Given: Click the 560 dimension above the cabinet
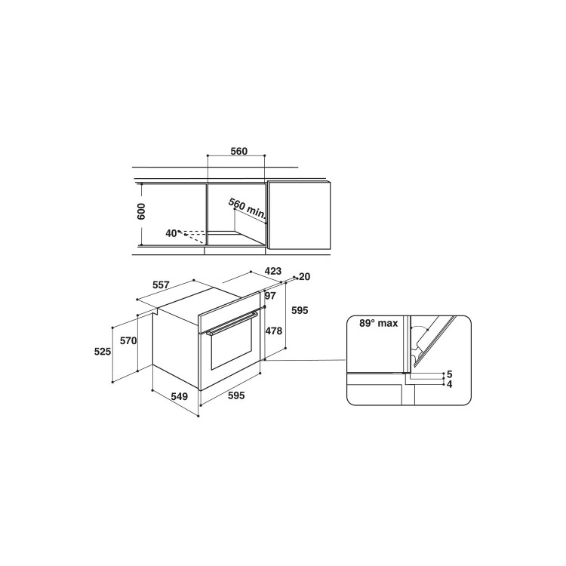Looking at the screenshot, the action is click(239, 151).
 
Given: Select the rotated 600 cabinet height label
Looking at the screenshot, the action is click(141, 211).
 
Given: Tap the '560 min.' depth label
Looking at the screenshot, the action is click(248, 209).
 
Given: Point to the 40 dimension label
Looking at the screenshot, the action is click(171, 233).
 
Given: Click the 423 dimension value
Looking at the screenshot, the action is click(273, 271).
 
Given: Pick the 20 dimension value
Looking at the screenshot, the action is click(305, 276).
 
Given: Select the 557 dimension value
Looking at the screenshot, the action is click(161, 285).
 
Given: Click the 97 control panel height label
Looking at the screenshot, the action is click(270, 296).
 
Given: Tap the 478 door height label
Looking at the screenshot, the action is click(274, 331).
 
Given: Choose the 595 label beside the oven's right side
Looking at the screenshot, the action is click(300, 310).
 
